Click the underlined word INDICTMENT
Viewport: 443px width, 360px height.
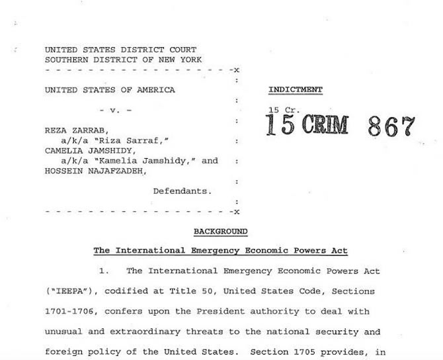coord(295,89)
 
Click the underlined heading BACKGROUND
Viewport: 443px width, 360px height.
coord(220,232)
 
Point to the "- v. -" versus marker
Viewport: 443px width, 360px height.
coord(115,110)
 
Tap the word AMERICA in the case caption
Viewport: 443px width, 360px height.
coord(157,90)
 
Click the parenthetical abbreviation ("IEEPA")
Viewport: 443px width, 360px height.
coord(69,291)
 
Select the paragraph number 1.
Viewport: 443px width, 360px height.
coord(102,271)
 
